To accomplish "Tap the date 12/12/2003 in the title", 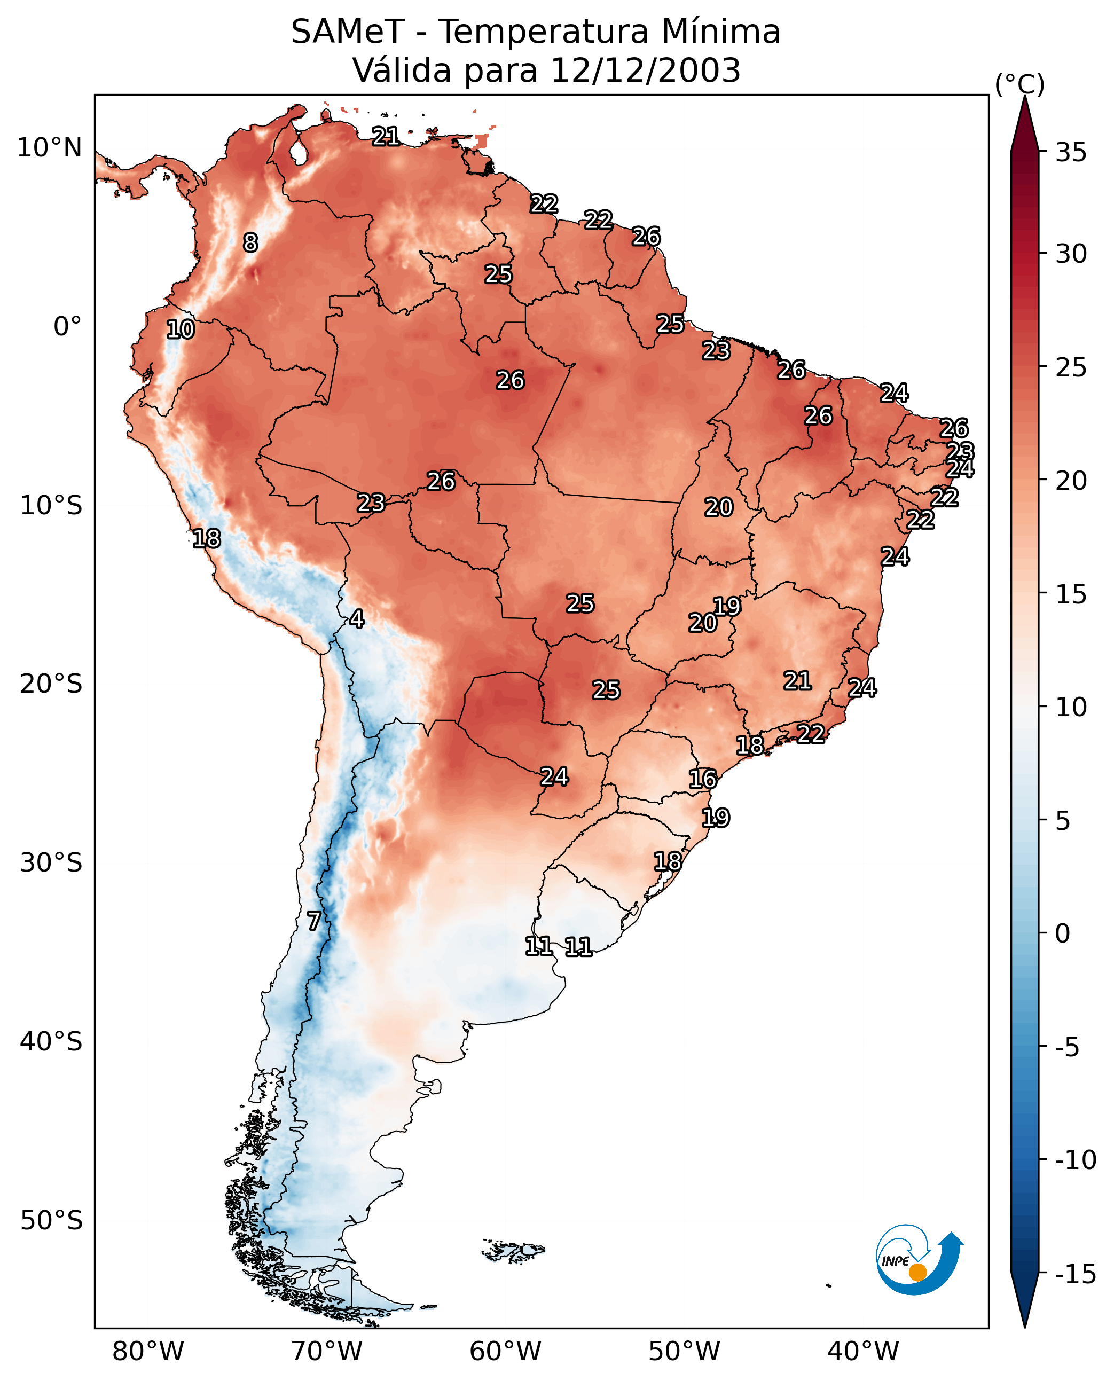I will [646, 70].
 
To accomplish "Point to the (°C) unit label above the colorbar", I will [1019, 84].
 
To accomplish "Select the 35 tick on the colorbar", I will [1071, 153].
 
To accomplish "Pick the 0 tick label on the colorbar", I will [1063, 933].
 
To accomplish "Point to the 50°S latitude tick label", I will [51, 1221].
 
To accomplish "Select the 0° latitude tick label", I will [67, 327].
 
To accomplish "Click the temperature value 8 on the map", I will [250, 242].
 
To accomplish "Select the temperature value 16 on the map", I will [703, 779].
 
